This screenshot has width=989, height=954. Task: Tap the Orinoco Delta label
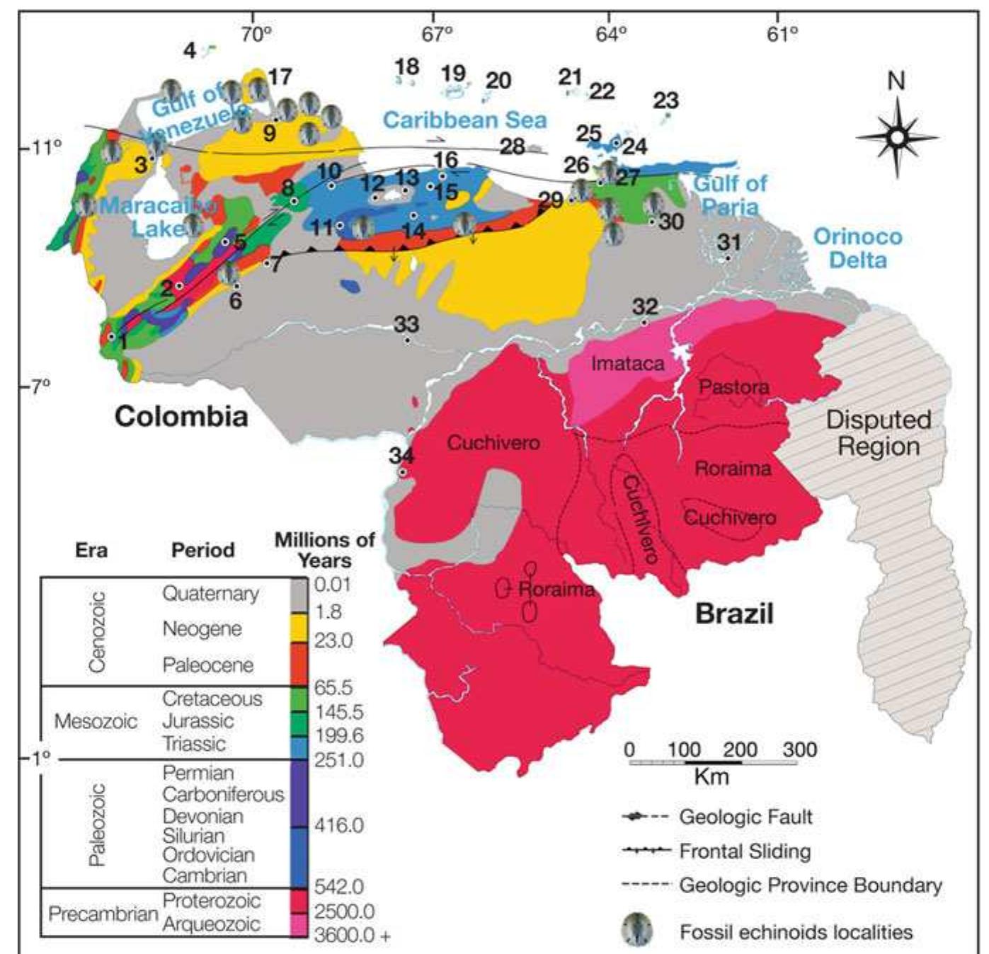pos(857,248)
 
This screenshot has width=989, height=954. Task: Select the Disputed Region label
pos(879,433)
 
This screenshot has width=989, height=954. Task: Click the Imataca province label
pos(627,364)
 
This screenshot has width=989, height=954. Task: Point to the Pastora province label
pos(733,387)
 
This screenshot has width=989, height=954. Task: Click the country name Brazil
pos(734,613)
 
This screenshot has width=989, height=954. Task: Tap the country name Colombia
pos(181,416)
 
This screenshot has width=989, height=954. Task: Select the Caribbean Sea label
pos(464,120)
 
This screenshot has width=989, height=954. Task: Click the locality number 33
pos(406,324)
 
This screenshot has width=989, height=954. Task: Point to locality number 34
pos(401,454)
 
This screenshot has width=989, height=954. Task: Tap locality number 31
pos(728,242)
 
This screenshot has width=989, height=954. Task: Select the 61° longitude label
pos(782,33)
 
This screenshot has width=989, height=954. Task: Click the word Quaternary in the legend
pos(210,593)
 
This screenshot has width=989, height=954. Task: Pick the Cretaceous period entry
pos(212,699)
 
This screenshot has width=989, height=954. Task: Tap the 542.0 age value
pos(339,886)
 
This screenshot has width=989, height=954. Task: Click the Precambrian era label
pos(103,914)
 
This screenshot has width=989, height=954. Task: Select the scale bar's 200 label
pos(740,749)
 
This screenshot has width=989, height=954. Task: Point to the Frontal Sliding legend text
pos(745,851)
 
